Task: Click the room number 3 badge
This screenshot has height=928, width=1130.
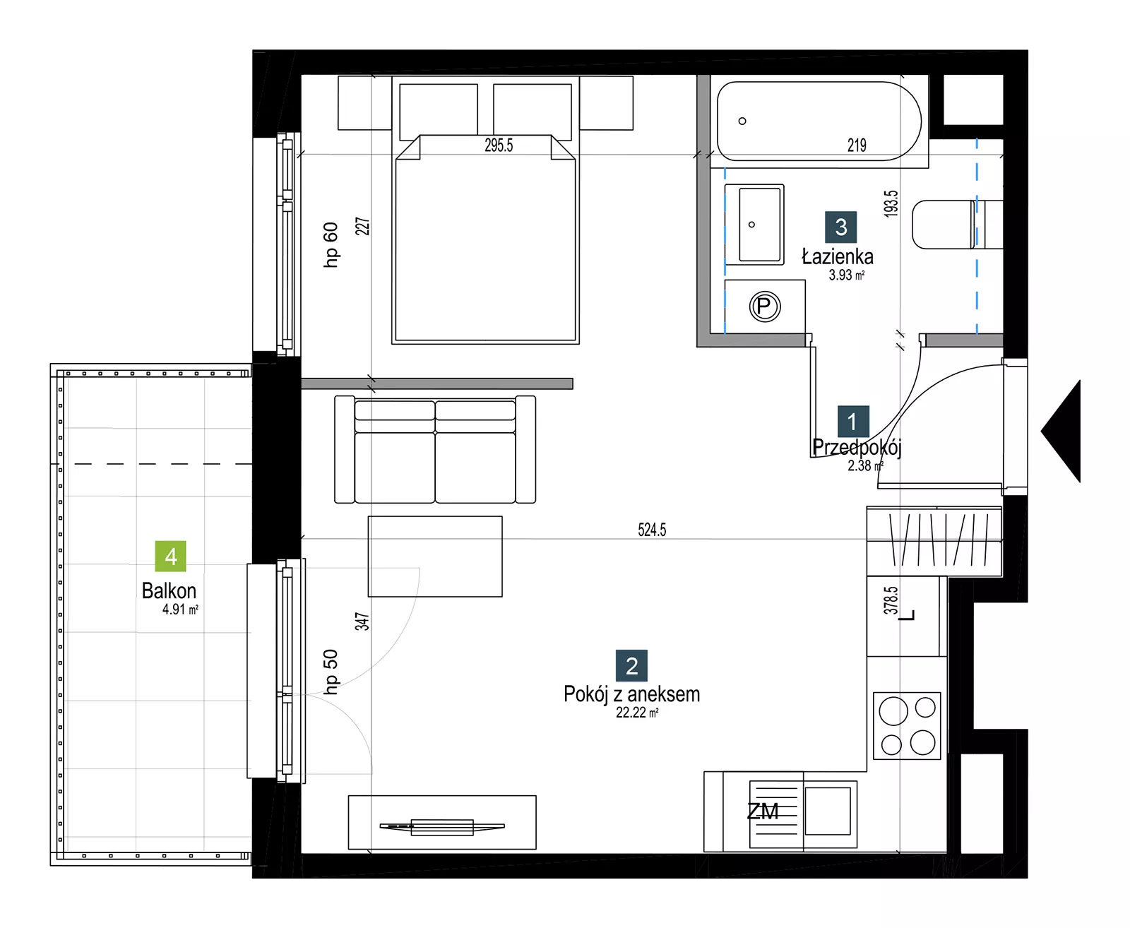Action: (840, 227)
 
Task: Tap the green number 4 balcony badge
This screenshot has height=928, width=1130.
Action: (170, 556)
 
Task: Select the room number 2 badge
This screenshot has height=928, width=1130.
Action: (631, 665)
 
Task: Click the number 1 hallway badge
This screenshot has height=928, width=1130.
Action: (853, 421)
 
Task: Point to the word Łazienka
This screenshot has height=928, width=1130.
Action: (838, 256)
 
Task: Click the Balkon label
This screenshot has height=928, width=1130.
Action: (169, 590)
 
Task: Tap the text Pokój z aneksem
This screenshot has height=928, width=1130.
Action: (631, 694)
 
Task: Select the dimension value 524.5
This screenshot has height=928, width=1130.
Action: (652, 530)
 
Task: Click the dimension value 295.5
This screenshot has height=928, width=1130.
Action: (499, 145)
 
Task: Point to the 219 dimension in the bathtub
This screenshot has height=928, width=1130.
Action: (857, 145)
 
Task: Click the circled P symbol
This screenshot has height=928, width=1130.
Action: (765, 307)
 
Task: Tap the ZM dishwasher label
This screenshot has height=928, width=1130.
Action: (763, 811)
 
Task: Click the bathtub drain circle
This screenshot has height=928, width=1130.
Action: (742, 121)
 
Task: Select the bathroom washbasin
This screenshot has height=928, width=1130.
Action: (754, 225)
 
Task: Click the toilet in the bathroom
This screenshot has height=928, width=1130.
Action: (957, 225)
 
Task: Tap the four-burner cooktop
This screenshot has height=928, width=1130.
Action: (907, 725)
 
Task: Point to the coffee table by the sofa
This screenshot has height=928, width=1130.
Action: (435, 556)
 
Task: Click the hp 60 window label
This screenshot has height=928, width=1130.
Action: (331, 244)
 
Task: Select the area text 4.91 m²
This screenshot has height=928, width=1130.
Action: (181, 609)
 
